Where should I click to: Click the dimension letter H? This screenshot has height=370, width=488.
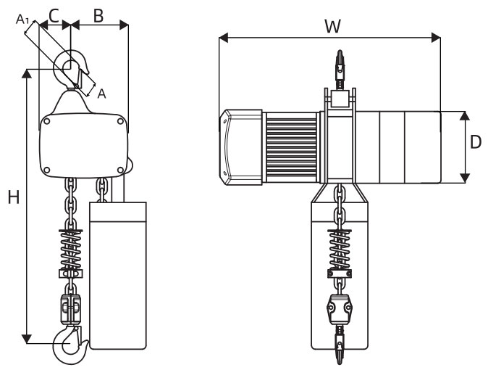13,197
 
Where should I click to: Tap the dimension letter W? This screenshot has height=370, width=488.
332,27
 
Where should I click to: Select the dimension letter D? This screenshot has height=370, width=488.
476,142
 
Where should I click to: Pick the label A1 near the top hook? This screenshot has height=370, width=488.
22,20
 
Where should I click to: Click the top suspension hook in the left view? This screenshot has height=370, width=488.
73,69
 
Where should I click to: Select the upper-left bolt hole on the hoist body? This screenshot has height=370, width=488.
48,123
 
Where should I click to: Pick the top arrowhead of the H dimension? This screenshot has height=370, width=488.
28,73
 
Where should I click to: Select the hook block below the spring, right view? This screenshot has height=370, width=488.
340,308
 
